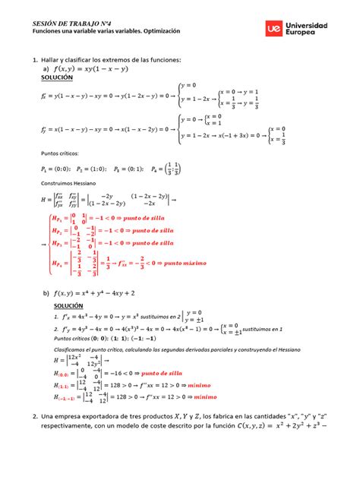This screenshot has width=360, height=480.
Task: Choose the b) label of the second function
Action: tap(46, 293)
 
